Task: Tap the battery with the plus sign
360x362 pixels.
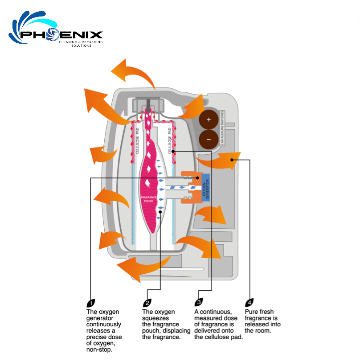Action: [209, 119]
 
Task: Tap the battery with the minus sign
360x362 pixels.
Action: [209, 139]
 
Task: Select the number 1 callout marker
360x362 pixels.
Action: [90, 302]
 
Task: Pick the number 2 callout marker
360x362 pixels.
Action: [147, 302]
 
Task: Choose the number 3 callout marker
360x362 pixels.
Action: [199, 302]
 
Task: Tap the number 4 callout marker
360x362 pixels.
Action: [250, 302]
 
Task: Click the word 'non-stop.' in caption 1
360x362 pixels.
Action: [99, 350]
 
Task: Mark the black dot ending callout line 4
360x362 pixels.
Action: [232, 159]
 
